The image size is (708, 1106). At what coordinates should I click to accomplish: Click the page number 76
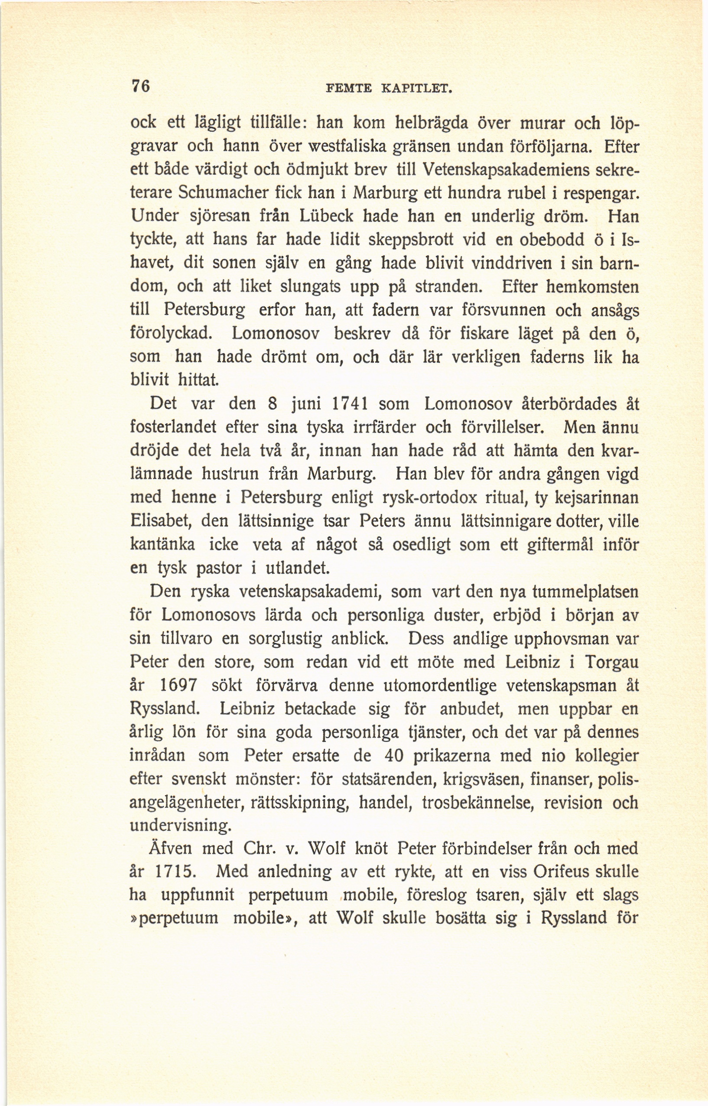[141, 86]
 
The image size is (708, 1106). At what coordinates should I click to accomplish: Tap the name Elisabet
[160, 521]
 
